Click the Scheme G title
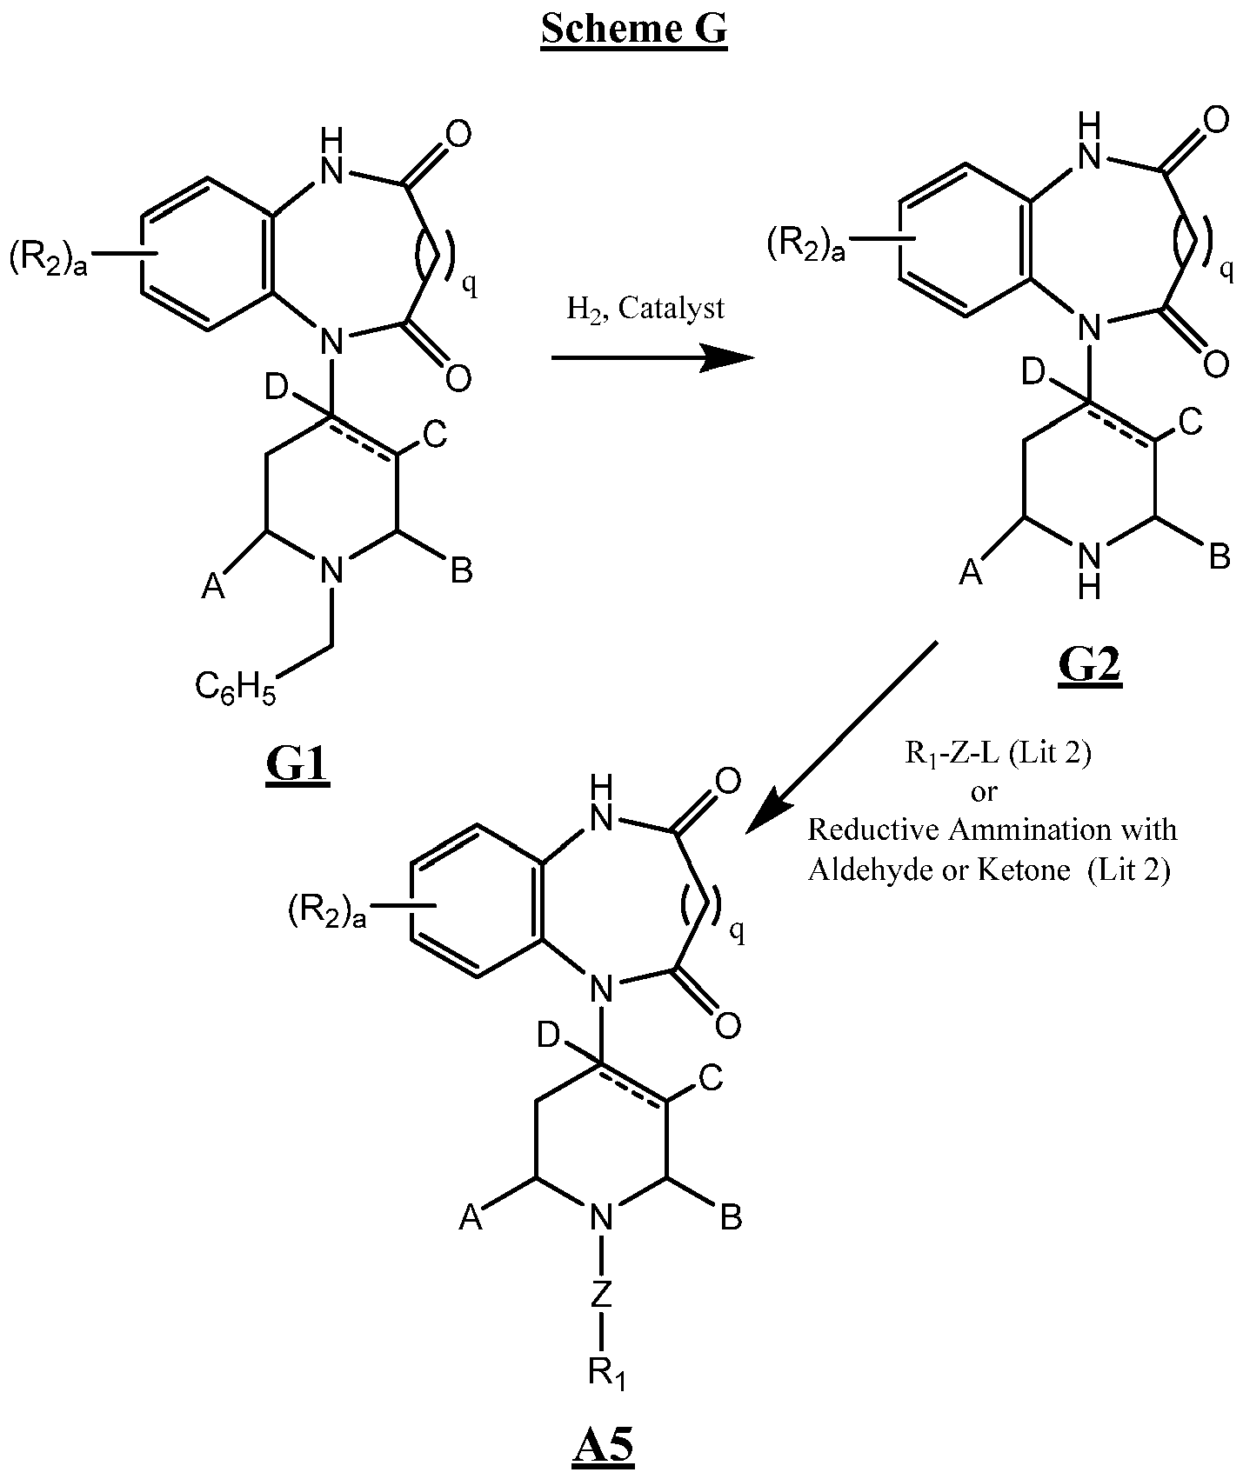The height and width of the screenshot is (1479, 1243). pos(633,30)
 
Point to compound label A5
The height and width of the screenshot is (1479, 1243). pos(603,1448)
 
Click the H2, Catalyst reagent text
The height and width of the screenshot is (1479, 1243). pos(645,309)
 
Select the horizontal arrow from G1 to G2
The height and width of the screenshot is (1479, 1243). pos(652,357)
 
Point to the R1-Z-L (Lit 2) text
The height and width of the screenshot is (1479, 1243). pos(998,752)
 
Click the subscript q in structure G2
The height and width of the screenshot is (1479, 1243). pos(1226,272)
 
